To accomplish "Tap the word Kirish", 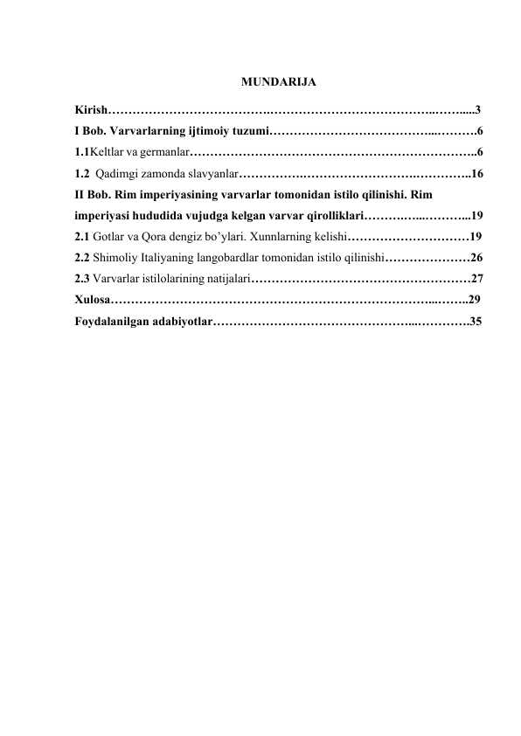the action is [91, 111].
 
